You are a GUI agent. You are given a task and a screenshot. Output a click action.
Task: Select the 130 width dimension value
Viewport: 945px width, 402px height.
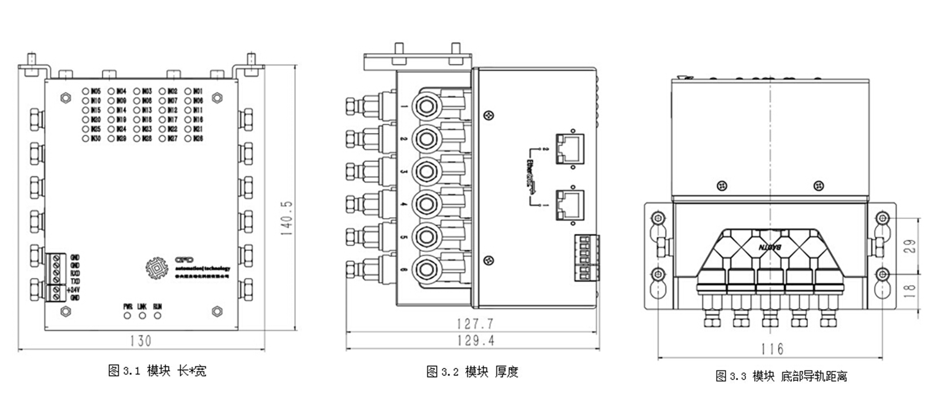[x=141, y=341]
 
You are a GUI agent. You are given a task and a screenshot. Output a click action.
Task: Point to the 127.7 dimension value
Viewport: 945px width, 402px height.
[x=475, y=324]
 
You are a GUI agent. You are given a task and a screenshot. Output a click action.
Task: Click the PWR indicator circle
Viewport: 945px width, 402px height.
[x=127, y=316]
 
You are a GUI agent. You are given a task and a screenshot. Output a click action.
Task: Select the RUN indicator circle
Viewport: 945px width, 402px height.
[x=157, y=316]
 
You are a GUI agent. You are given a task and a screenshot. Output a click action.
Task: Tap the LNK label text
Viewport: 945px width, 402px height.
[x=142, y=306]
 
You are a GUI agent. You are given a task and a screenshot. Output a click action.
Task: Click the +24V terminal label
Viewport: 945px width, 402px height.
[x=73, y=290]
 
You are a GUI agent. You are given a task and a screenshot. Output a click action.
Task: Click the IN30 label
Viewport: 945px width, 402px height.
[x=95, y=138]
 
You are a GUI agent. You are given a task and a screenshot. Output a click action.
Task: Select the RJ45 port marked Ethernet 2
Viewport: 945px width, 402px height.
[x=570, y=149]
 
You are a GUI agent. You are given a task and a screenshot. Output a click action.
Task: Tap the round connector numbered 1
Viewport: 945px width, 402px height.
[x=426, y=106]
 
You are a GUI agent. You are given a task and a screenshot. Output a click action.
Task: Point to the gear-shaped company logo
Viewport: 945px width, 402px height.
[x=157, y=268]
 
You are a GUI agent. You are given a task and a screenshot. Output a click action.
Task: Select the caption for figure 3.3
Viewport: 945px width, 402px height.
[x=781, y=376]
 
